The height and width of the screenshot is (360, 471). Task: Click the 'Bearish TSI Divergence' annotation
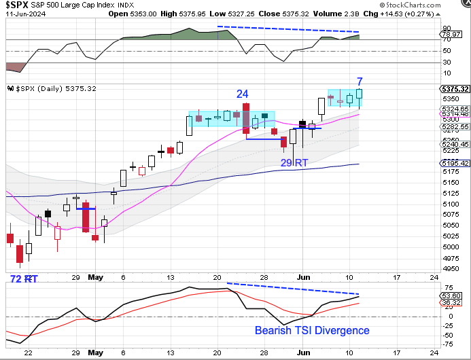click(x=312, y=331)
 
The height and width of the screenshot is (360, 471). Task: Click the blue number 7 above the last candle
click(x=360, y=82)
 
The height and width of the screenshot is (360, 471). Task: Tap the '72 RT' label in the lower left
click(x=22, y=279)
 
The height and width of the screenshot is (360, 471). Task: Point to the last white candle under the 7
click(x=359, y=97)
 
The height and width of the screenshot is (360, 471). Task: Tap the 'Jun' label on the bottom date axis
click(x=304, y=353)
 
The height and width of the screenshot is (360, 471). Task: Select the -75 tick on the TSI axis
click(x=448, y=344)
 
